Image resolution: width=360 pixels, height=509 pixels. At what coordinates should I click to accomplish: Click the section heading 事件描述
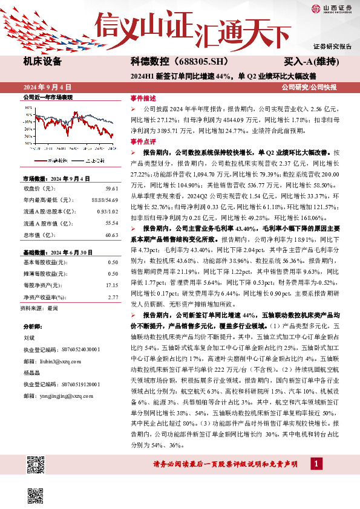[143, 98]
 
